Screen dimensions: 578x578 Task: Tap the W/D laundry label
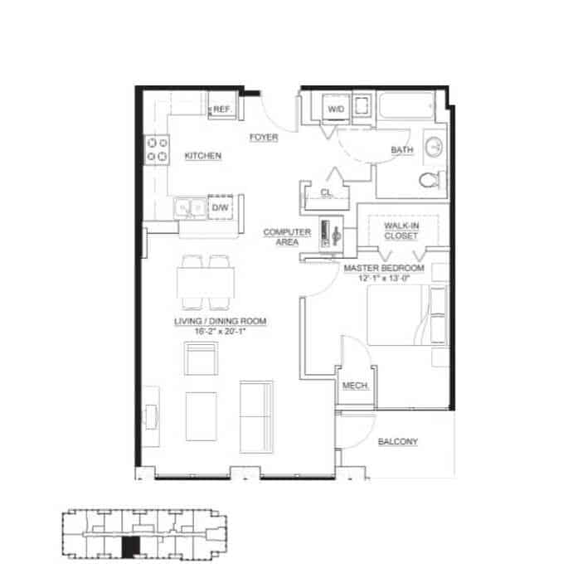336,109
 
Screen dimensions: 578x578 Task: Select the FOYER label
263,138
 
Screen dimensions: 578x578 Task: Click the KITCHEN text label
202,156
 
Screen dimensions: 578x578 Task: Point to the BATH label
401,150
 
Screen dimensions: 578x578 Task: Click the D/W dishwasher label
220,207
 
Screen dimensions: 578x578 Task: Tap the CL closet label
326,193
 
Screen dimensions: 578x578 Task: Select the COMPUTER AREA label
287,237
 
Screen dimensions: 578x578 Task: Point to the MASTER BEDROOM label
384,269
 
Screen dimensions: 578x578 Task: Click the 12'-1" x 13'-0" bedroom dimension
384,279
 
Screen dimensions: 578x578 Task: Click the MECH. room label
355,387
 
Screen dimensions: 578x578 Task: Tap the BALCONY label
398,442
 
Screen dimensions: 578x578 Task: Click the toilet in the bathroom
430,180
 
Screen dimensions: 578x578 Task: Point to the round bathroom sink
435,148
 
